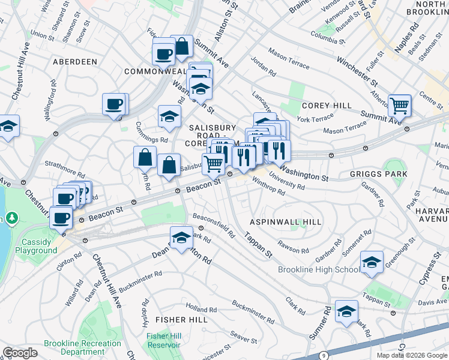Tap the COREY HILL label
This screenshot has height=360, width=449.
pyautogui.click(x=327, y=106)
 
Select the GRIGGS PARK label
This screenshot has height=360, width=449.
pyautogui.click(x=378, y=174)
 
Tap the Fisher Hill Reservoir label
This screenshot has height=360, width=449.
pyautogui.click(x=164, y=340)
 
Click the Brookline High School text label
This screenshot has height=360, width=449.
pyautogui.click(x=319, y=269)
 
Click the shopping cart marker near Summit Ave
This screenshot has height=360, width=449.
pyautogui.click(x=399, y=106)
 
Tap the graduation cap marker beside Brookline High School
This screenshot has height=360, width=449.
pyautogui.click(x=372, y=262)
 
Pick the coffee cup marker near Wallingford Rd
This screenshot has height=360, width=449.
pyautogui.click(x=114, y=105)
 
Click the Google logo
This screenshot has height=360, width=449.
pyautogui.click(x=20, y=353)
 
